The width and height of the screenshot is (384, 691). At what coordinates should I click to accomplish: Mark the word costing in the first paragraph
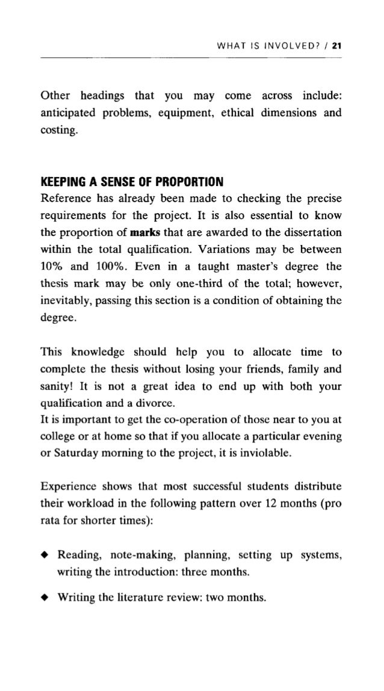pyautogui.click(x=58, y=129)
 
